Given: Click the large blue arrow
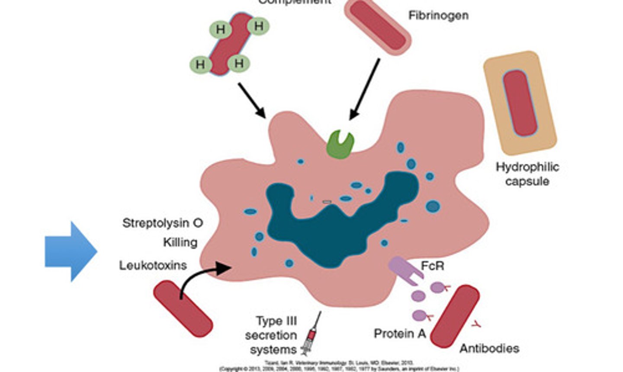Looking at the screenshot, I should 69,251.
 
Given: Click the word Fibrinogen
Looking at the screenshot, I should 438,16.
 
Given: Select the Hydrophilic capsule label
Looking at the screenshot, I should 527,174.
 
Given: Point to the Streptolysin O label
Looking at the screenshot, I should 163,223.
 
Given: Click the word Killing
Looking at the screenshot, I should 180,242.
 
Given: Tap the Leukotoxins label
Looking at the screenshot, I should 153,265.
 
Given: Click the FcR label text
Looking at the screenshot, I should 432,265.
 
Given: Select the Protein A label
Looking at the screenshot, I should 400,334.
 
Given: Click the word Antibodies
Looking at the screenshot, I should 489,348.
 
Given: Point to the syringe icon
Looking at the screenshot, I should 312,333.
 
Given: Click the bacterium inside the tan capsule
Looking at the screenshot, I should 520,103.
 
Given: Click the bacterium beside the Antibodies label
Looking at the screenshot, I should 454,315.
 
